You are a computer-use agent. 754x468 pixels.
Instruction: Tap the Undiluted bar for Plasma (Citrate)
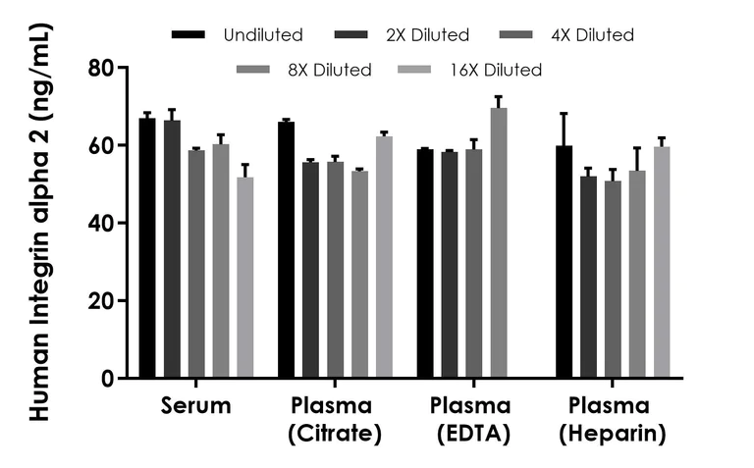(287, 250)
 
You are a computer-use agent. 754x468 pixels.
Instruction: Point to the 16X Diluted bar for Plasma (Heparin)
(662, 262)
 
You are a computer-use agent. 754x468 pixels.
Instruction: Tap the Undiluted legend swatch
(188, 35)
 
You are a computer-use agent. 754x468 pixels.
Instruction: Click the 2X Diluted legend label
(427, 35)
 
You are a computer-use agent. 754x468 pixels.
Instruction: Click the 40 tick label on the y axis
(101, 223)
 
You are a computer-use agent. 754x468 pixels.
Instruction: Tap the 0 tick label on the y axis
(108, 379)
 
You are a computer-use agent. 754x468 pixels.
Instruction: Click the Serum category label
(196, 406)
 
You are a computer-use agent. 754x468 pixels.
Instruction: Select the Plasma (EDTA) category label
(469, 420)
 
